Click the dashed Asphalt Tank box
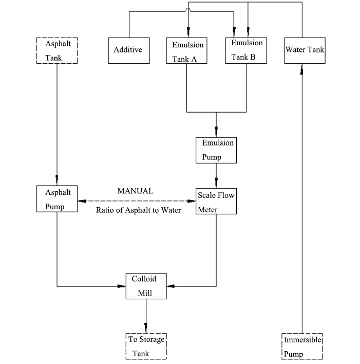click(x=56, y=50)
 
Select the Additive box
click(x=128, y=50)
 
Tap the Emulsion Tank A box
click(x=187, y=50)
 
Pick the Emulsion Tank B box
click(x=247, y=49)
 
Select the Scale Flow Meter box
click(x=216, y=200)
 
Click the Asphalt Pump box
click(x=56, y=199)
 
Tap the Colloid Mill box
click(x=146, y=286)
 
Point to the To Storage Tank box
click(x=146, y=346)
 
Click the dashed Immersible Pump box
click(x=302, y=346)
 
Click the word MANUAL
click(x=135, y=191)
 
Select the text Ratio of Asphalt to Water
click(x=138, y=210)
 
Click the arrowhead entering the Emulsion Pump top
click(x=216, y=131)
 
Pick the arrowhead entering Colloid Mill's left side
click(x=121, y=285)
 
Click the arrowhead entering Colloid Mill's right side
click(x=172, y=285)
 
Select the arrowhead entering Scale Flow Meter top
click(x=216, y=181)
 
